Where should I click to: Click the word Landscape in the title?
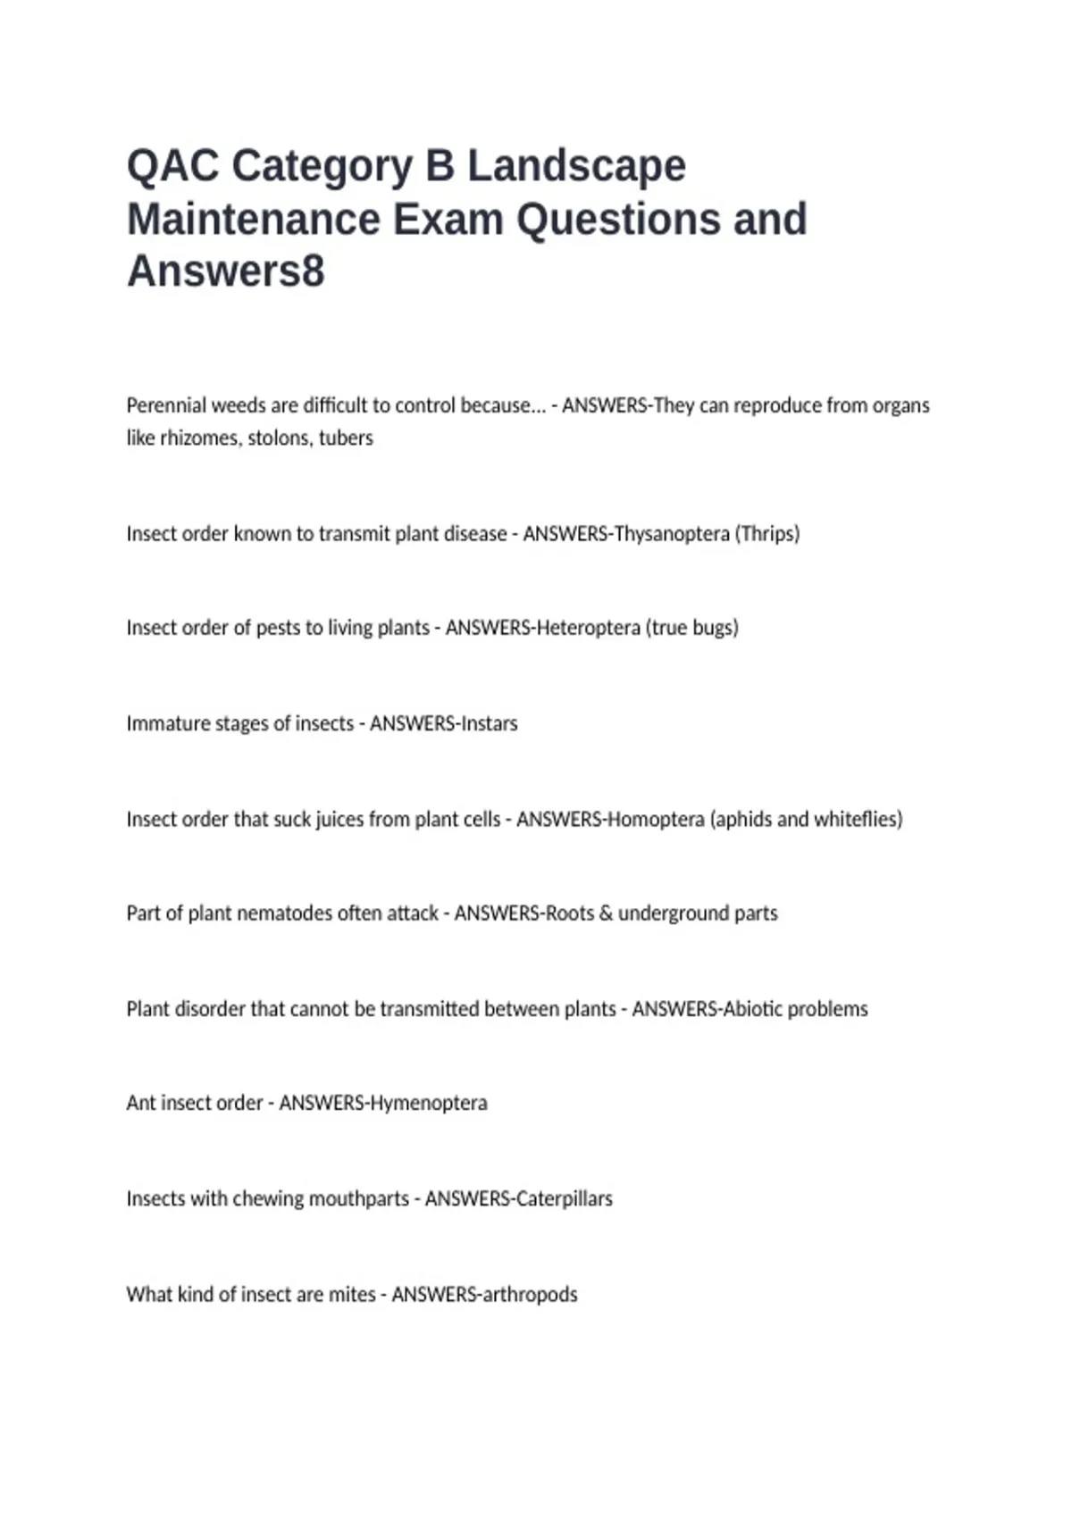coord(576,167)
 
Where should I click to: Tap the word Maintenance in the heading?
coord(254,220)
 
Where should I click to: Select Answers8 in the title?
coord(226,271)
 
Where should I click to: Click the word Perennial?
coord(166,405)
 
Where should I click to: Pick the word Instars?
coord(488,723)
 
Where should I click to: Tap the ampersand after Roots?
coord(606,913)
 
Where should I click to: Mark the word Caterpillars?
coord(565,1198)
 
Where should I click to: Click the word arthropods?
coord(531,1295)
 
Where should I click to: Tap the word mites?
coord(352,1295)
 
